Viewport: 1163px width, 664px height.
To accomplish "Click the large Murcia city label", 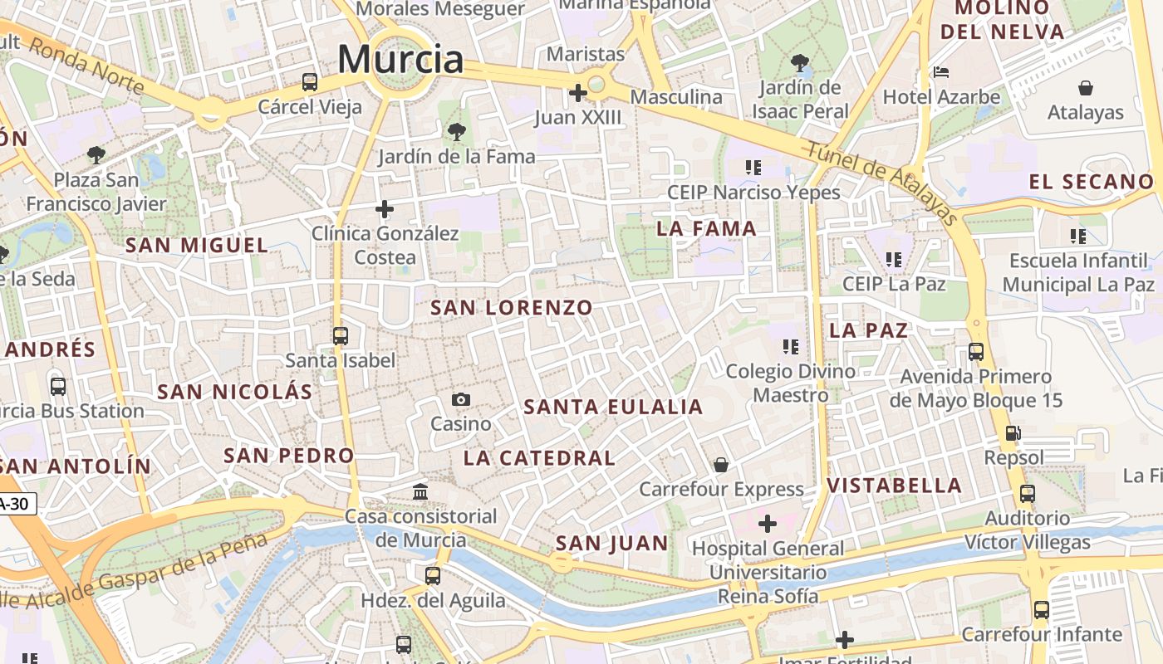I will pyautogui.click(x=400, y=59).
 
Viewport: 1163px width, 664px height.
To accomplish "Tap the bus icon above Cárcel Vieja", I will pyautogui.click(x=310, y=81).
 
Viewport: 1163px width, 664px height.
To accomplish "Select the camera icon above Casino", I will pyautogui.click(x=461, y=400).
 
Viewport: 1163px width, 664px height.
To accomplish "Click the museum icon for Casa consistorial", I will pyautogui.click(x=420, y=492).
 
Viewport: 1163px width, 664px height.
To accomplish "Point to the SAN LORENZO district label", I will pyautogui.click(x=512, y=308).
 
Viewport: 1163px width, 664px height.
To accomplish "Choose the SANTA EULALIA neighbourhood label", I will pyautogui.click(x=614, y=407).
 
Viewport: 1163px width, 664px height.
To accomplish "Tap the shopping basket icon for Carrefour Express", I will pyautogui.click(x=721, y=465).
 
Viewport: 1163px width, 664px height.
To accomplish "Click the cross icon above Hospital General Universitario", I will pyautogui.click(x=768, y=524).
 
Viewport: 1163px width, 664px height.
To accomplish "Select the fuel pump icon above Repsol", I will pyautogui.click(x=1013, y=432).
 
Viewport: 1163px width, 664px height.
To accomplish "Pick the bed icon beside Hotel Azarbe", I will pyautogui.click(x=941, y=72).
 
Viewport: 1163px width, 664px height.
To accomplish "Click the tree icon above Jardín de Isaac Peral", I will pyautogui.click(x=801, y=62).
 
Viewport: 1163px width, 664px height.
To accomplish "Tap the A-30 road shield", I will pyautogui.click(x=17, y=503).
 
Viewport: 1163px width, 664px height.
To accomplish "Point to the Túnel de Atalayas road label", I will pyautogui.click(x=883, y=181).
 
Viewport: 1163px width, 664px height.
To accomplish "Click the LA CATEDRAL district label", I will pyautogui.click(x=539, y=457).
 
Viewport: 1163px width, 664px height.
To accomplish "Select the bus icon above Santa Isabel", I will pyautogui.click(x=341, y=335).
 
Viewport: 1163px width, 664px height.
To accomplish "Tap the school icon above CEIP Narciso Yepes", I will pyautogui.click(x=753, y=168).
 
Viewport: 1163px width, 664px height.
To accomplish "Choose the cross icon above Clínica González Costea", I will pyautogui.click(x=385, y=209).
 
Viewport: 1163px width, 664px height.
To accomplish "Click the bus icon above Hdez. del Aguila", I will pyautogui.click(x=433, y=575).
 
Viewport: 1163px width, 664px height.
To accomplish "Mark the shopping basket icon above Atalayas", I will pyautogui.click(x=1085, y=88).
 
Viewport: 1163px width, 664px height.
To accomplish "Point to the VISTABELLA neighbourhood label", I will pyautogui.click(x=895, y=486).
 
